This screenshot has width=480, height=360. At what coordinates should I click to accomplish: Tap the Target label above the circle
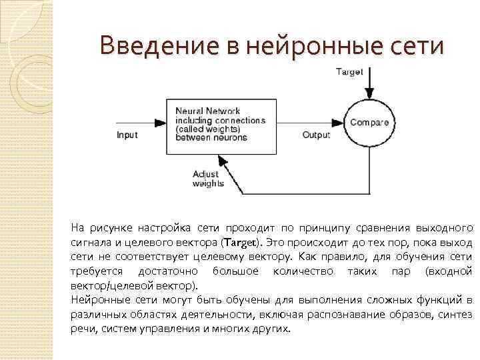point(349,72)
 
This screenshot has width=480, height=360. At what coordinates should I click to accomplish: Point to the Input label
point(127,135)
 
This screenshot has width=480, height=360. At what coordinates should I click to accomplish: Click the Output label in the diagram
point(317,135)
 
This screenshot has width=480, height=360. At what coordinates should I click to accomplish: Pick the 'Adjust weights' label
point(207,179)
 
